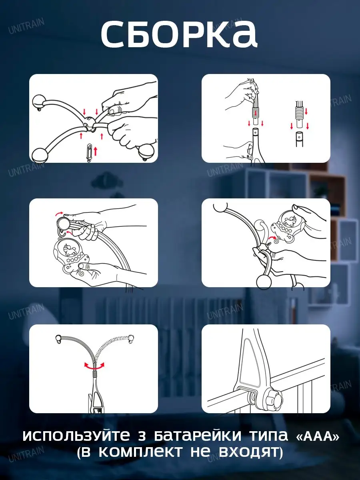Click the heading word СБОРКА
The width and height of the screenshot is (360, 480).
pyautogui.click(x=179, y=34)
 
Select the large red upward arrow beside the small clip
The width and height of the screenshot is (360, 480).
pyautogui.click(x=95, y=151)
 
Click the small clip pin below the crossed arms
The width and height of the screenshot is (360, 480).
pyautogui.click(x=89, y=153)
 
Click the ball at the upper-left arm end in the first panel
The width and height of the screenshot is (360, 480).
pyautogui.click(x=39, y=102)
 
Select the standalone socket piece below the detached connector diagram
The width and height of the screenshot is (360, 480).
pyautogui.click(x=299, y=139)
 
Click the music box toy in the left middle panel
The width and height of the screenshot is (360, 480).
pyautogui.click(x=71, y=256)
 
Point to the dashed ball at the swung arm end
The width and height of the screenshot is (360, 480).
pyautogui.click(x=131, y=338)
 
